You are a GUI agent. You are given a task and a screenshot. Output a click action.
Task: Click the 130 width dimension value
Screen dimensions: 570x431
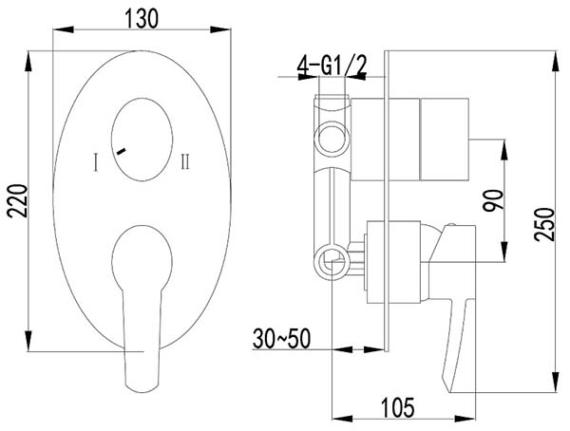coord(142,19)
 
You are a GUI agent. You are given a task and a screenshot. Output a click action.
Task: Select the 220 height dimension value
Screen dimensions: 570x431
coord(17,201)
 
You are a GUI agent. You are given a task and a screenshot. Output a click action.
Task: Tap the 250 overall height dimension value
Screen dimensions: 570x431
coord(544,224)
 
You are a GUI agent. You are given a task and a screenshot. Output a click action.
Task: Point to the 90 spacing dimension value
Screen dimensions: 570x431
coord(493,200)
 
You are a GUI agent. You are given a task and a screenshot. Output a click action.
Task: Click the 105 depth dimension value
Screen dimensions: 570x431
coord(398,407)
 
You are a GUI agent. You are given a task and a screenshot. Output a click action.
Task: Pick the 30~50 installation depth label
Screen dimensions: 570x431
coord(282,339)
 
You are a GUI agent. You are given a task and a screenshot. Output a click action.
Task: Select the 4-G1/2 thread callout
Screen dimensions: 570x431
coord(332,66)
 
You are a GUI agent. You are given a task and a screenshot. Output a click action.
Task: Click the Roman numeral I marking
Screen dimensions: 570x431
coord(96,161)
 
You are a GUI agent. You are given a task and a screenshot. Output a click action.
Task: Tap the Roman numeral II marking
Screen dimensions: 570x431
coord(185,161)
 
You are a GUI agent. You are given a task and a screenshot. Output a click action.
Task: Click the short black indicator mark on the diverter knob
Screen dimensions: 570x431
coord(121,151)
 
